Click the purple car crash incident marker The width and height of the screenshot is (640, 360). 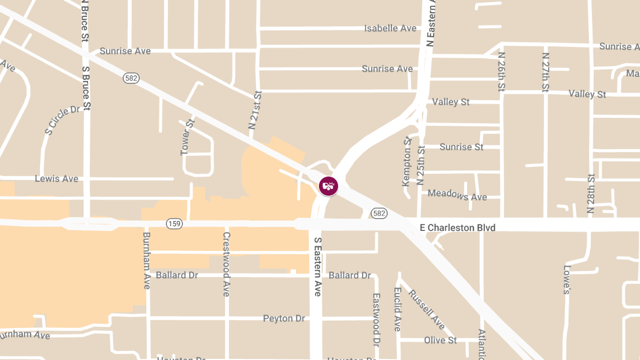[x=329, y=186]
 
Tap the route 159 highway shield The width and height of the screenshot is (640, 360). [x=173, y=223]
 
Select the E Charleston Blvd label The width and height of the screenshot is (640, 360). [x=458, y=228]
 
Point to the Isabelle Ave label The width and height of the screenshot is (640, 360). [x=390, y=28]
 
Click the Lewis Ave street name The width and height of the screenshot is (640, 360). [x=57, y=179]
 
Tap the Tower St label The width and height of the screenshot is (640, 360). [x=188, y=137]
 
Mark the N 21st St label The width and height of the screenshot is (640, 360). [x=255, y=110]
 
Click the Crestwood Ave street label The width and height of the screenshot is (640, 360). [x=227, y=264]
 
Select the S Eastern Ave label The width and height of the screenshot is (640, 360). [x=317, y=267]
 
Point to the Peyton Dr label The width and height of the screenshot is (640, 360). [x=284, y=318]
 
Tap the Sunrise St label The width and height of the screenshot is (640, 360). [x=461, y=147]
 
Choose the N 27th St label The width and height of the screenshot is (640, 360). [x=545, y=73]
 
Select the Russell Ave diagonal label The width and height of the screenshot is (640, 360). [x=426, y=309]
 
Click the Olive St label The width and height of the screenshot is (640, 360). [x=440, y=340]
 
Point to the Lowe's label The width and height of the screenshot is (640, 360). [x=567, y=279]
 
